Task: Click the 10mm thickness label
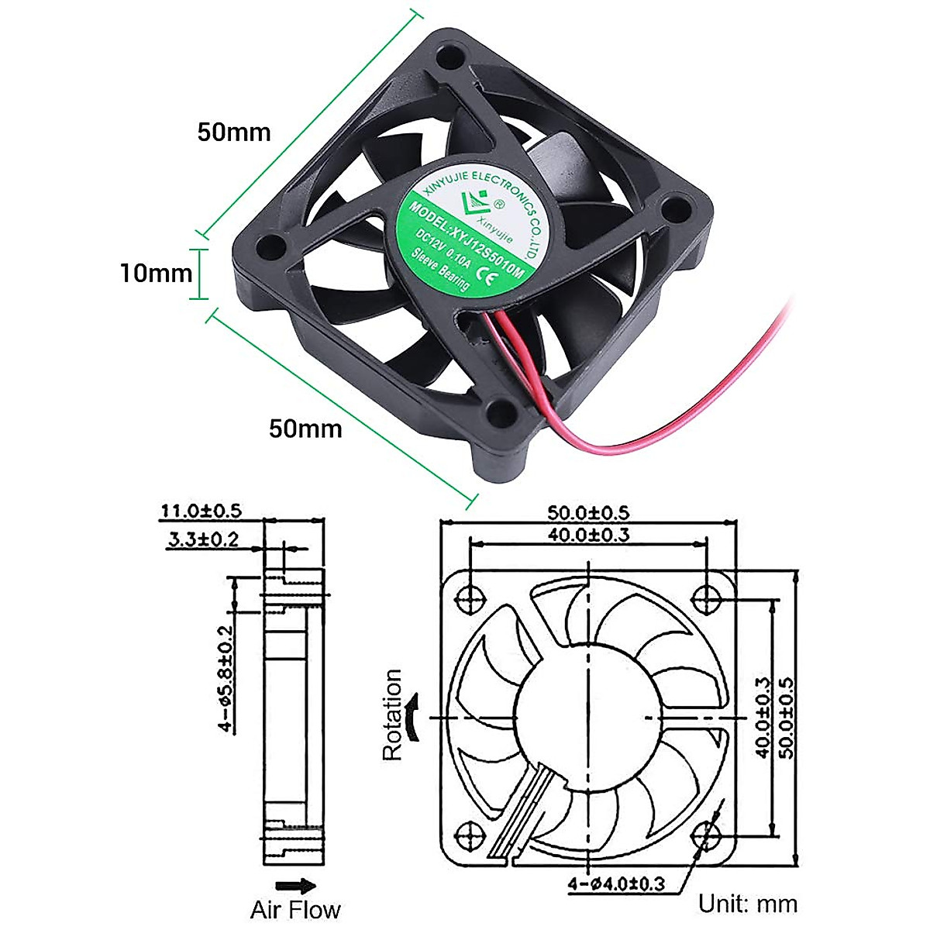pos(155,273)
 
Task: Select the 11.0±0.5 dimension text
pos(201,511)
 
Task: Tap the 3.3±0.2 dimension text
pos(203,540)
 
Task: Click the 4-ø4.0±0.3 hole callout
pos(617,883)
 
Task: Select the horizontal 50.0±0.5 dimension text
pos(588,512)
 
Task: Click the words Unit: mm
pos(747,904)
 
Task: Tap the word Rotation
pos(393,715)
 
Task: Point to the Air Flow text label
pos(294,909)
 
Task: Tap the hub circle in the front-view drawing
pos(588,714)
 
